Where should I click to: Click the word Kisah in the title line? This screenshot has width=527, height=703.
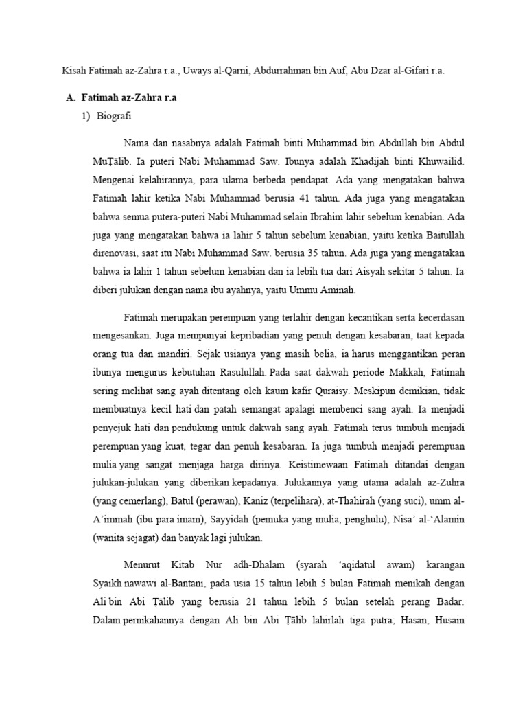(x=74, y=71)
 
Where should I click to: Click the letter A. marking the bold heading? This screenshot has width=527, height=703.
(x=71, y=98)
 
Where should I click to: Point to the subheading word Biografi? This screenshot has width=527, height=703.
(x=115, y=117)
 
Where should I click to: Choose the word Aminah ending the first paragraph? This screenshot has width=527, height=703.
(x=336, y=290)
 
